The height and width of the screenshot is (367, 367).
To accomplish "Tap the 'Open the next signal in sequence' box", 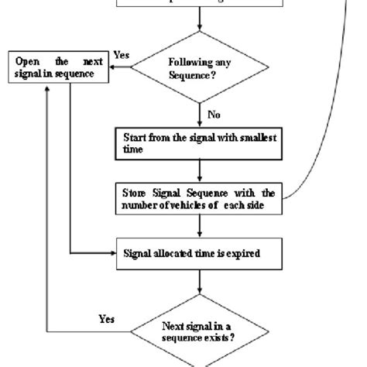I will (x=59, y=67).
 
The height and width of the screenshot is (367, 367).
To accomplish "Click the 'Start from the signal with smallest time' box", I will (x=201, y=142).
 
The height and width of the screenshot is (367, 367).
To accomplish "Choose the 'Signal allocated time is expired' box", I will (x=201, y=252).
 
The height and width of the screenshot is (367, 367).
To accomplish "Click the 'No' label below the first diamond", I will (x=214, y=115).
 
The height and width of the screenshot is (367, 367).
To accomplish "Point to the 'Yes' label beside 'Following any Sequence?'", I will (x=122, y=56).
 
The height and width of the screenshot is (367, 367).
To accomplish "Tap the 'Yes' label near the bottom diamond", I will (x=108, y=318).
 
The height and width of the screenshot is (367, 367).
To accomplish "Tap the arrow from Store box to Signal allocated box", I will (x=201, y=226).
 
